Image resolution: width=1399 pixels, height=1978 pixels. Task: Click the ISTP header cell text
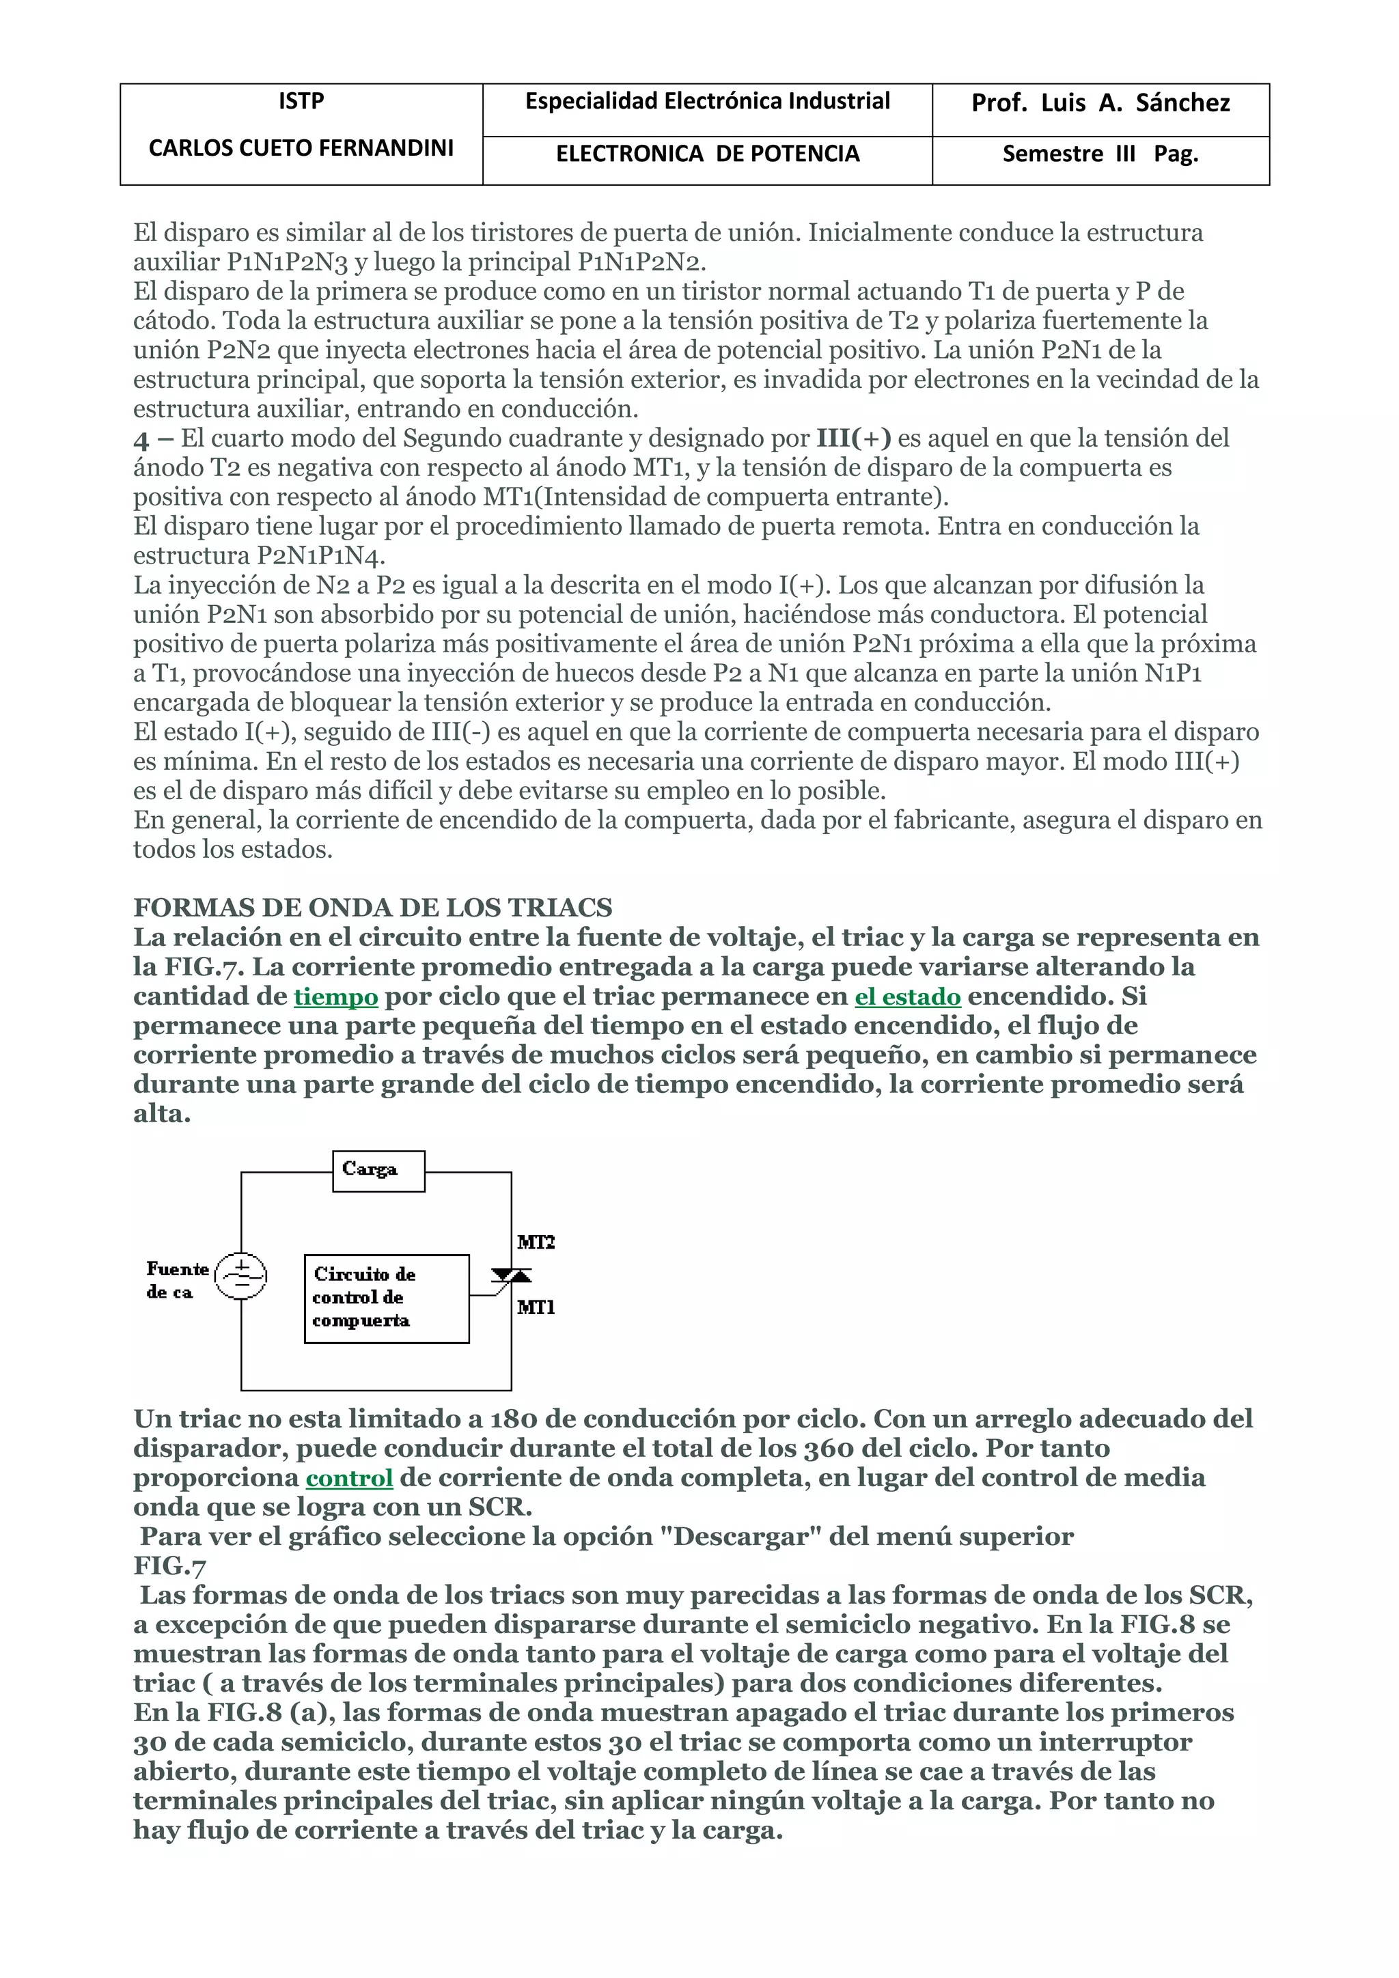(x=301, y=102)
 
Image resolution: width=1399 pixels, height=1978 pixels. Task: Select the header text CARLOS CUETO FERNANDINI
(x=301, y=148)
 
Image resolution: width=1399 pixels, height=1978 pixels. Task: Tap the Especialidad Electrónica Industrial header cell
(x=707, y=102)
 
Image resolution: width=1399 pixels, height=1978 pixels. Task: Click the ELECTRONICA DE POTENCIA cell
(x=707, y=154)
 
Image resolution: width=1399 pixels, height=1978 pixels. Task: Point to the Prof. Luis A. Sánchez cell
(x=1100, y=103)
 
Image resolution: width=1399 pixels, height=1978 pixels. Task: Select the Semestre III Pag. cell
(x=1100, y=154)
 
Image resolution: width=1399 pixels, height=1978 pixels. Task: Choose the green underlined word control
(x=349, y=1478)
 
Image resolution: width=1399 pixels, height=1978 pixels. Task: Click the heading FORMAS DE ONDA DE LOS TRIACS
(x=372, y=908)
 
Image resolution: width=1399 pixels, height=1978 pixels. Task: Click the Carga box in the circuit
(x=378, y=1171)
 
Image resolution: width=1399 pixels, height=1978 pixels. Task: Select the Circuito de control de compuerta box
(x=386, y=1298)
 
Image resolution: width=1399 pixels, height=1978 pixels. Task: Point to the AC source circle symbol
(x=240, y=1276)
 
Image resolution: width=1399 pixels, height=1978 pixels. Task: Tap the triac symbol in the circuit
(x=511, y=1277)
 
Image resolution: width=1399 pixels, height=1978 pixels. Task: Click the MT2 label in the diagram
(x=536, y=1242)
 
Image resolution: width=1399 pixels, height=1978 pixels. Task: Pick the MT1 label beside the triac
(x=536, y=1308)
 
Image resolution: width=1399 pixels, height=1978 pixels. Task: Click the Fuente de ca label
(x=177, y=1280)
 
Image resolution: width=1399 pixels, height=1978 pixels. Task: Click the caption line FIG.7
(x=169, y=1566)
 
